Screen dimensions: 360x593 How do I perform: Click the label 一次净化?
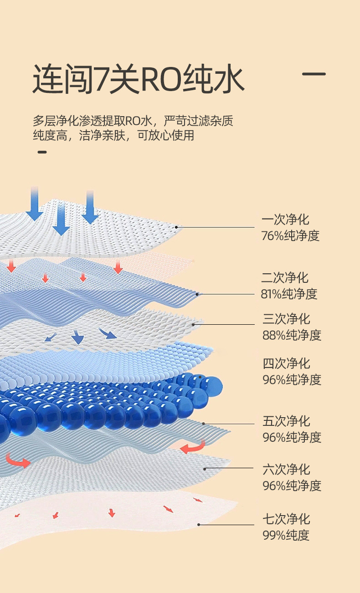(285, 220)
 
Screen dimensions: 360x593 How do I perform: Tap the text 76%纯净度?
(290, 236)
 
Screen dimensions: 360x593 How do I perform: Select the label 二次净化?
(285, 277)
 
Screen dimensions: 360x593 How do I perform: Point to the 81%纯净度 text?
(289, 294)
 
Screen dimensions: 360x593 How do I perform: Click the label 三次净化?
(286, 319)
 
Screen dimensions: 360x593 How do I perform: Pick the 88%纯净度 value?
(292, 335)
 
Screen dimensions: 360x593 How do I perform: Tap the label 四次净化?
(286, 363)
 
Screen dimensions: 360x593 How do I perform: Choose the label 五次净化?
(286, 420)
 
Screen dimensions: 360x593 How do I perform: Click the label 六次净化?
(286, 469)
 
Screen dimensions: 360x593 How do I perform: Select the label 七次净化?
(286, 518)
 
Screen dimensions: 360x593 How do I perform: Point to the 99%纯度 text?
(286, 535)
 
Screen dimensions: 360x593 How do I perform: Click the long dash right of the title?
(314, 73)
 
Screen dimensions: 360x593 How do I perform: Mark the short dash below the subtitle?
(42, 152)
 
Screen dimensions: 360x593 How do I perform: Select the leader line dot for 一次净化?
(176, 227)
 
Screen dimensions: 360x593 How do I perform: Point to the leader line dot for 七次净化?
(199, 525)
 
